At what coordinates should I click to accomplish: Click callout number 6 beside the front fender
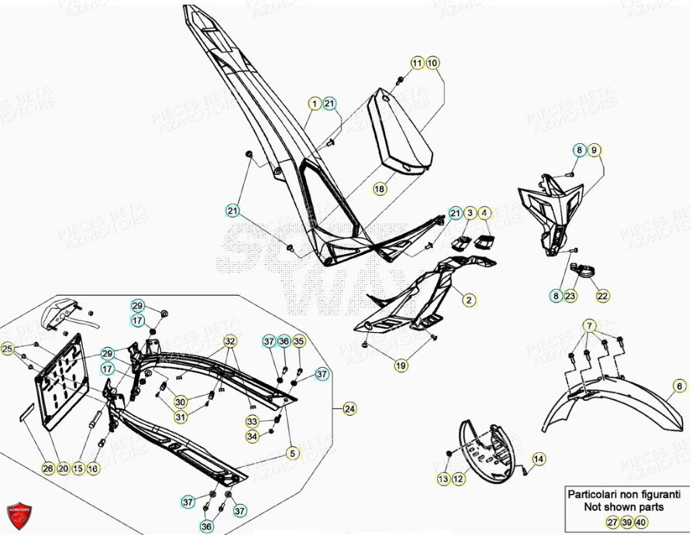tap(679, 386)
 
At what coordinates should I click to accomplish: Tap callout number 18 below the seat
tap(380, 189)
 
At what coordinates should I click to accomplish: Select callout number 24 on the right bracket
tap(349, 408)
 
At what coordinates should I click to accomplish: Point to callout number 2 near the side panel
tap(469, 299)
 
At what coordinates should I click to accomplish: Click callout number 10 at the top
tap(432, 63)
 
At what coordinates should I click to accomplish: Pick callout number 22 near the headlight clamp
tap(603, 295)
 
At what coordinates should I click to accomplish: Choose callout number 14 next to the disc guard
tap(538, 459)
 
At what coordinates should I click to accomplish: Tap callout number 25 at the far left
tap(8, 349)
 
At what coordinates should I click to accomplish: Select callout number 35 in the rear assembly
tap(299, 341)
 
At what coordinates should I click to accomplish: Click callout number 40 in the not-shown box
tap(641, 522)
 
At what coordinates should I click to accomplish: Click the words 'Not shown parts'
tap(625, 507)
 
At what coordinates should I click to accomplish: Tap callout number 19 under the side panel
tap(400, 365)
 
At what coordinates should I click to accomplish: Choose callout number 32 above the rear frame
tap(230, 341)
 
